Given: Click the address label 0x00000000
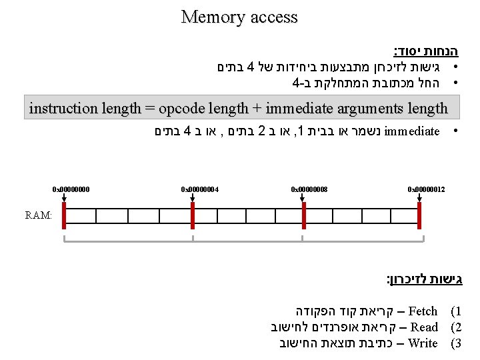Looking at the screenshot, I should coord(71,190).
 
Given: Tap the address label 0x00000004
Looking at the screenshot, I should coord(200,190).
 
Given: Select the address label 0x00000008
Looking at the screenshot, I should coord(309,190).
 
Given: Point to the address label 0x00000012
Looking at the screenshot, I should coord(426,190).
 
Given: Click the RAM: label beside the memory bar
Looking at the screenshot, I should coord(38,215).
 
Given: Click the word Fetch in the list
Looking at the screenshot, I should coord(422,311).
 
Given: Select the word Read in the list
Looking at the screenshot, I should coord(424,327).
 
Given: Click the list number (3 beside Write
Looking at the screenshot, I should coord(456,343).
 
